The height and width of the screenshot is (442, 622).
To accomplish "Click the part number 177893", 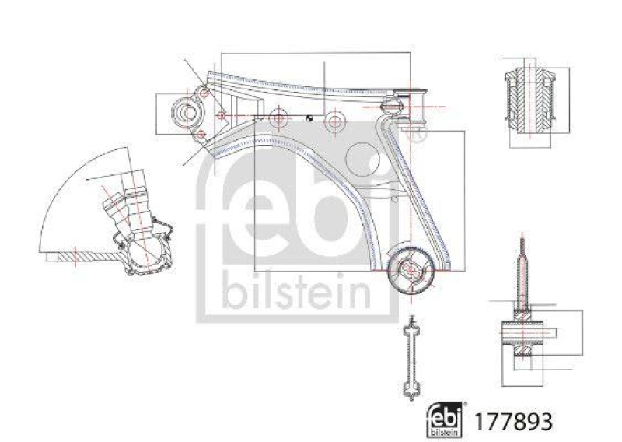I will pyautogui.click(x=519, y=421).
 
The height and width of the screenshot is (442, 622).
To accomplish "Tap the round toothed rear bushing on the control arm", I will pyautogui.click(x=410, y=271).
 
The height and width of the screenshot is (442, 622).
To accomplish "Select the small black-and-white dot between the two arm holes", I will pyautogui.click(x=309, y=119).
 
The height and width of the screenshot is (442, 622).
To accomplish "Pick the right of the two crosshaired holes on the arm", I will pyautogui.click(x=334, y=121).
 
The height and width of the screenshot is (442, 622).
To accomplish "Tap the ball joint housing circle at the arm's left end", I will pyautogui.click(x=187, y=114).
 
